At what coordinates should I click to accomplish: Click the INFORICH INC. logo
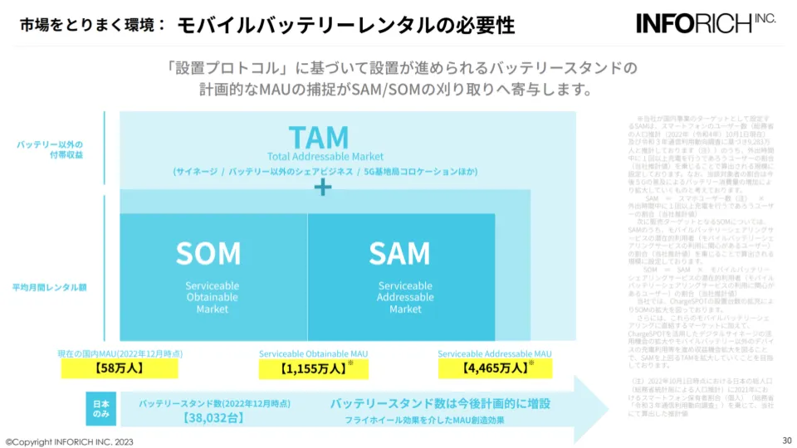(707, 22)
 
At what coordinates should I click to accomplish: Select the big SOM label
(208, 252)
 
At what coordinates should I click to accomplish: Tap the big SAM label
(399, 252)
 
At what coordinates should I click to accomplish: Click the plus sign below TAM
(322, 188)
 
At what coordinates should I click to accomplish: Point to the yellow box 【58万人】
(120, 368)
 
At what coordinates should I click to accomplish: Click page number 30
(786, 440)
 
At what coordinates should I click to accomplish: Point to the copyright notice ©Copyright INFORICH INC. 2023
(69, 441)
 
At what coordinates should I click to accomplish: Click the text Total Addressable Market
(325, 156)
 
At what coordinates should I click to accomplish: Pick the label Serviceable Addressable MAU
(495, 353)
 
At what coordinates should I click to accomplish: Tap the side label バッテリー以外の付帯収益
(50, 149)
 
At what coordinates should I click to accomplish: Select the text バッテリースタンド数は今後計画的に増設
(440, 403)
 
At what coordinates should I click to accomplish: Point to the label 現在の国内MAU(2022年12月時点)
(120, 353)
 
